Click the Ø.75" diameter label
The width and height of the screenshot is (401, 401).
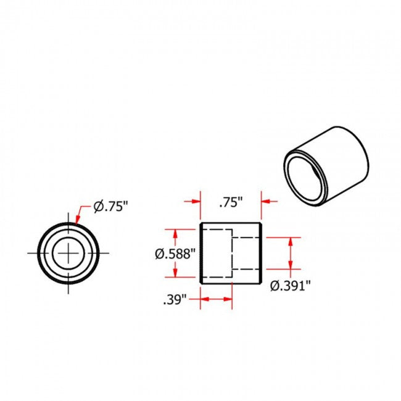(x=110, y=206)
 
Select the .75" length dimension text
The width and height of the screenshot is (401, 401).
(x=231, y=202)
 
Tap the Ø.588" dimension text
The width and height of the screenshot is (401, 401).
(x=175, y=254)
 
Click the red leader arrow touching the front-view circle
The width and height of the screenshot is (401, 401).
(x=77, y=217)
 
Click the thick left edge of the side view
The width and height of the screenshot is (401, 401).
(x=201, y=253)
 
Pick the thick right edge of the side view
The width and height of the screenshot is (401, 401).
(x=262, y=253)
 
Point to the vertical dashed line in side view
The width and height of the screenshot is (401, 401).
(x=232, y=253)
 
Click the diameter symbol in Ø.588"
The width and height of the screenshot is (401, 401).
(x=159, y=254)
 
